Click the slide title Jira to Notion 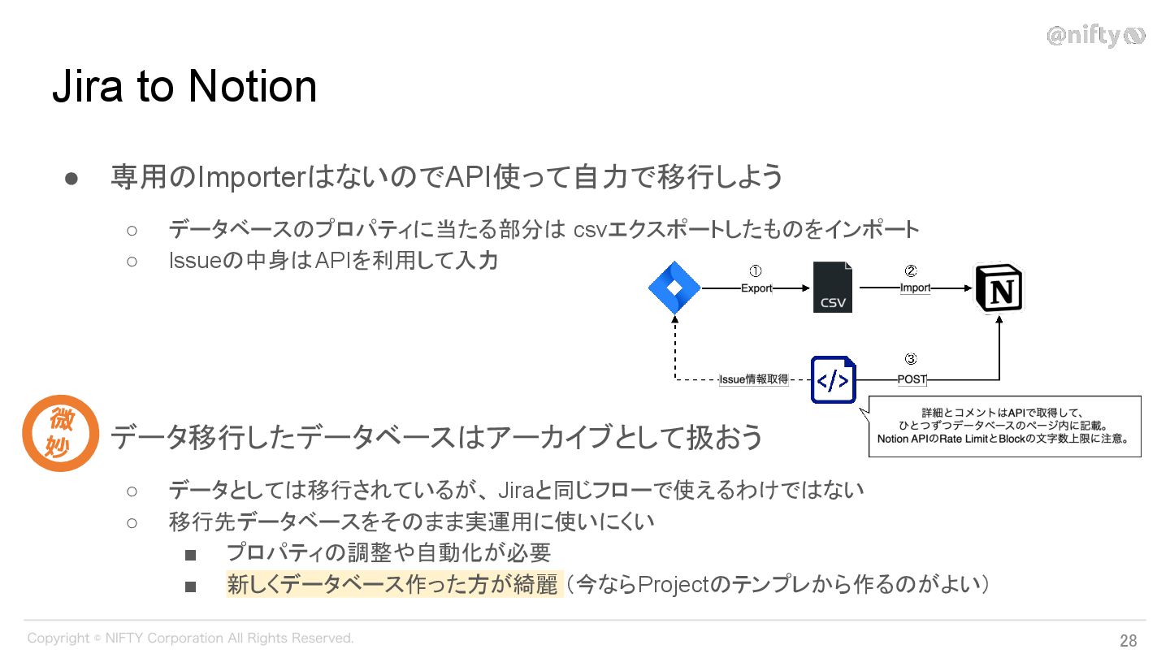[184, 87]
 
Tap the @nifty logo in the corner [1095, 36]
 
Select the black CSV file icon [833, 288]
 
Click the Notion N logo [999, 288]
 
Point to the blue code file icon [833, 379]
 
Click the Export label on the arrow [756, 288]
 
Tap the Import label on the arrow [915, 288]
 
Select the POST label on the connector [912, 379]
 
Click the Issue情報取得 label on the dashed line [754, 379]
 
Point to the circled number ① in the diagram [755, 271]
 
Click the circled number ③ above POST [911, 358]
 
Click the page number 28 [1128, 640]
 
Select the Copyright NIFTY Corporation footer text [190, 639]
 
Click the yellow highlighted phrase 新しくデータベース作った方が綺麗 [393, 584]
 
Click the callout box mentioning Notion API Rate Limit [1004, 426]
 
